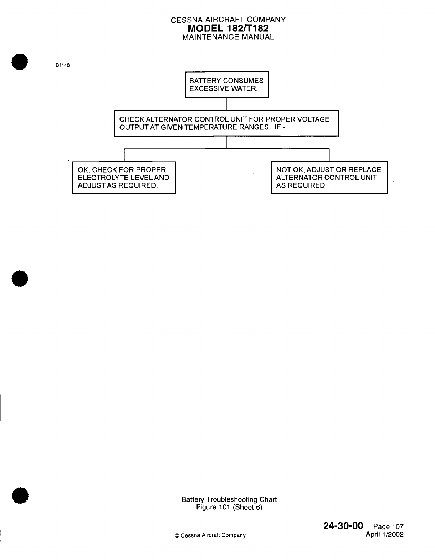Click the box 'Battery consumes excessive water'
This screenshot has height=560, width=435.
[227, 85]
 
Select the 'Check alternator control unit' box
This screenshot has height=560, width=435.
[226, 123]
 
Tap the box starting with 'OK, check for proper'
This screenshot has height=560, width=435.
[124, 178]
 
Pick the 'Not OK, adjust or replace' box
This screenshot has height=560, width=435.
[329, 178]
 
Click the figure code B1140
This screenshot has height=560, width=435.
[62, 66]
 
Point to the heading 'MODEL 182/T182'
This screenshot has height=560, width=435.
[228, 28]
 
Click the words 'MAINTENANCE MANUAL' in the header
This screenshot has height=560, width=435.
[228, 37]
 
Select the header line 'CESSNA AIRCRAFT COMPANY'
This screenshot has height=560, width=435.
[228, 20]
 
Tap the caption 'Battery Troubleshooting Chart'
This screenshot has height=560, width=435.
[229, 499]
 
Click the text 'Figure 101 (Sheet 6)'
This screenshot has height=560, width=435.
[229, 507]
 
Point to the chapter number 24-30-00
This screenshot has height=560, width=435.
[343, 526]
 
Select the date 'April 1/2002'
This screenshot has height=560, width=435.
[385, 534]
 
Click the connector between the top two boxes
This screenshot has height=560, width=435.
[227, 104]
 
